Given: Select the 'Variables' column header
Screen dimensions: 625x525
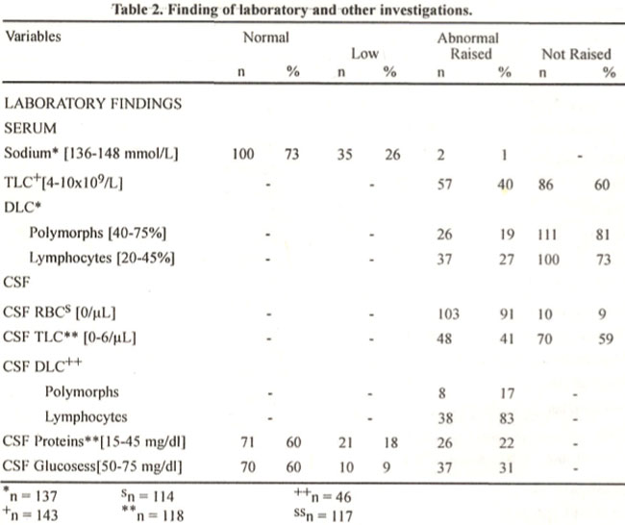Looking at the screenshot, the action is pos(33,37).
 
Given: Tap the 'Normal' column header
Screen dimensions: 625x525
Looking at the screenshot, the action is pos(265,37).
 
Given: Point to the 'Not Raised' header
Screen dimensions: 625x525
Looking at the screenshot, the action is pos(576,54).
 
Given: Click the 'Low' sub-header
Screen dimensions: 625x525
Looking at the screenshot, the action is pos(364,54).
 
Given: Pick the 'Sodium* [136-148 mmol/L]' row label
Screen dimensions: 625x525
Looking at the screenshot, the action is pos(91,154).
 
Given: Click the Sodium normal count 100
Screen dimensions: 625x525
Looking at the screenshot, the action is pos(243,154).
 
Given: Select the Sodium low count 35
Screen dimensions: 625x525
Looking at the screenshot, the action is pos(345,154).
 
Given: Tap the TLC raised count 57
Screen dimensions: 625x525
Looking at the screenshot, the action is pos(444,185).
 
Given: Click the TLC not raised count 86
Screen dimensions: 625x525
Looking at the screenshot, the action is pos(545,185).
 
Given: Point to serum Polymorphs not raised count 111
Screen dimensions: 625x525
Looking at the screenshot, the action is pos(547,235).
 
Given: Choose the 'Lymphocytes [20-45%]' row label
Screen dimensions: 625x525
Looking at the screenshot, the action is pos(102,258).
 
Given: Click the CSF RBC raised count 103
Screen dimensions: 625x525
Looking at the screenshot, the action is pos(448,314).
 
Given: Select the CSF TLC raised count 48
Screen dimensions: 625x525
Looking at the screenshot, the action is pos(444,338).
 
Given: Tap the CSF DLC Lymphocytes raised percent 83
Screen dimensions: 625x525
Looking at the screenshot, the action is pos(507,418).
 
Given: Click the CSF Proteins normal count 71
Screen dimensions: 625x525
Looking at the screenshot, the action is pos(247,442).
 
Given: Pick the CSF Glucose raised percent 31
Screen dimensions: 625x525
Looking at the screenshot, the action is pos(506,467).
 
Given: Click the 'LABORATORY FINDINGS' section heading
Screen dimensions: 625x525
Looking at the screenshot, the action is pos(93,104).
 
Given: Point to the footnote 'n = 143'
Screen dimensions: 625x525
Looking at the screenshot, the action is pos(31,513).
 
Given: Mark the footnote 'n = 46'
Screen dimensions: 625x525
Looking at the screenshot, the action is pos(323,496).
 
